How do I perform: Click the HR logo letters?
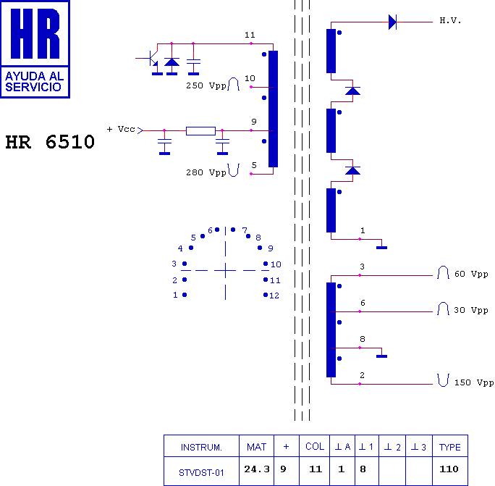tap(35, 33)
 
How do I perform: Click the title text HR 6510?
tap(50, 142)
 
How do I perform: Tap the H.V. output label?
tap(450, 21)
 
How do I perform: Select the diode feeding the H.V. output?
tap(392, 22)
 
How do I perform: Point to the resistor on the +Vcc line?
tap(200, 131)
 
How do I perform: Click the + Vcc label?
tap(121, 129)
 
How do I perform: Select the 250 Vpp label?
tap(206, 85)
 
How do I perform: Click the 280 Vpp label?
tap(206, 172)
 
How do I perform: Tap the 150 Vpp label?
tap(474, 382)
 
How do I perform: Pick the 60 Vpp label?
tap(471, 274)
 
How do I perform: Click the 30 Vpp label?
tap(471, 310)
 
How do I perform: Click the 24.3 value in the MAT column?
tap(257, 469)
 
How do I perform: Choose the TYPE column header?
tap(450, 448)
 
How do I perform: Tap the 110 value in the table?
tap(449, 469)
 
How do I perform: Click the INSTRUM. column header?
tap(201, 448)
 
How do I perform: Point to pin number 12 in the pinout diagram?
tap(274, 296)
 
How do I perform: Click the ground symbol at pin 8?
tap(381, 356)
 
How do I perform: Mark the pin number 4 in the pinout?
tap(180, 248)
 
